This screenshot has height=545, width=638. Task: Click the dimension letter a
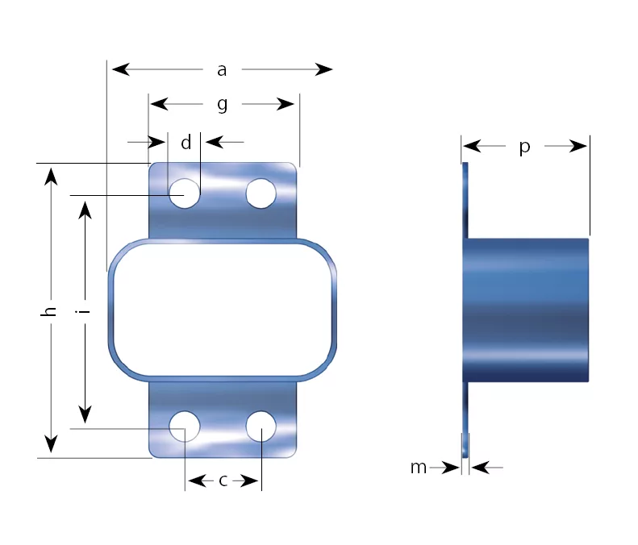click(222, 70)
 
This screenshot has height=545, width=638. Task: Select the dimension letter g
click(222, 105)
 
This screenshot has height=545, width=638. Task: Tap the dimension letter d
click(186, 143)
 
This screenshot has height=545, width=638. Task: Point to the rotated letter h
click(48, 311)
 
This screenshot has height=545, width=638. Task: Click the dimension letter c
click(223, 481)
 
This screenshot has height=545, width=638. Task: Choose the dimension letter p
click(525, 147)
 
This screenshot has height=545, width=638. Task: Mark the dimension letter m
click(419, 468)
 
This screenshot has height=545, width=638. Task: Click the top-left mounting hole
click(185, 193)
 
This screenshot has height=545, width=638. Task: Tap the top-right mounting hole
click(261, 193)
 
